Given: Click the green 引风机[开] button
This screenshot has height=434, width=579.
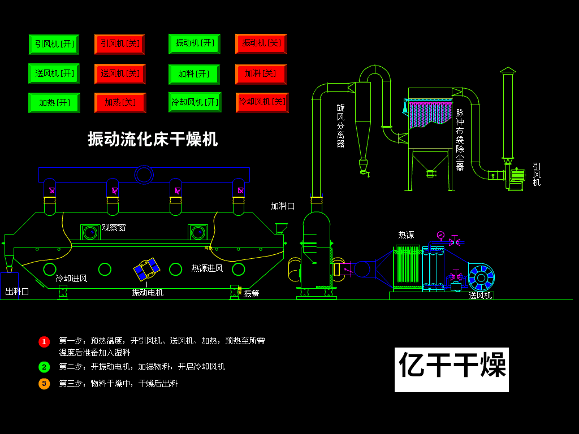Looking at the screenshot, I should pos(54,44).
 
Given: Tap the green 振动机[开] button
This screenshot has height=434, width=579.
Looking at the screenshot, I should pos(194,44).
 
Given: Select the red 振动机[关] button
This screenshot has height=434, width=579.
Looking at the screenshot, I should pos(261,44).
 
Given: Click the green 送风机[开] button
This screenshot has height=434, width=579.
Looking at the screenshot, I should pos(54,73).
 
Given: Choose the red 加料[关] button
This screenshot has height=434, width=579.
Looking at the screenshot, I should pos(261,74).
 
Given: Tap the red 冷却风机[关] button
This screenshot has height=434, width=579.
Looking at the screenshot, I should pos(262,102).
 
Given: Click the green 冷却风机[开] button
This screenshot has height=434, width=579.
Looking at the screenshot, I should pos(195,102).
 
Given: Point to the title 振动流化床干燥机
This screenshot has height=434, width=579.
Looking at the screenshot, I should pos(153,139).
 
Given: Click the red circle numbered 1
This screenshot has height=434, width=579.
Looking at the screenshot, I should pos(44,342).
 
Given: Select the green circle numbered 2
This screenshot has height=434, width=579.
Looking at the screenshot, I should pos(44,367).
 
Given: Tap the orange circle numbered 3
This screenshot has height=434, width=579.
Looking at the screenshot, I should pos(44,384).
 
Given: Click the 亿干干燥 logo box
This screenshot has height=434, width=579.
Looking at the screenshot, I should pos(451,370).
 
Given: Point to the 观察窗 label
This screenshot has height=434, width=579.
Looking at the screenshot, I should pos(114,228).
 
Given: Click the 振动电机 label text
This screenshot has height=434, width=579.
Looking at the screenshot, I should pos(148,293).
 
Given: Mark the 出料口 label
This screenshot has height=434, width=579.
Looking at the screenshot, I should pos(17,292).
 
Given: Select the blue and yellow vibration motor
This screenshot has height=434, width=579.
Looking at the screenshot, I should pos(147,270).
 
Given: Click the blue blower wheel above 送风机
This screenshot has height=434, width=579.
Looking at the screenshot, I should pos(481,277).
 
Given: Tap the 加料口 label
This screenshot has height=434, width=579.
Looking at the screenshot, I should pos(282,206).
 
